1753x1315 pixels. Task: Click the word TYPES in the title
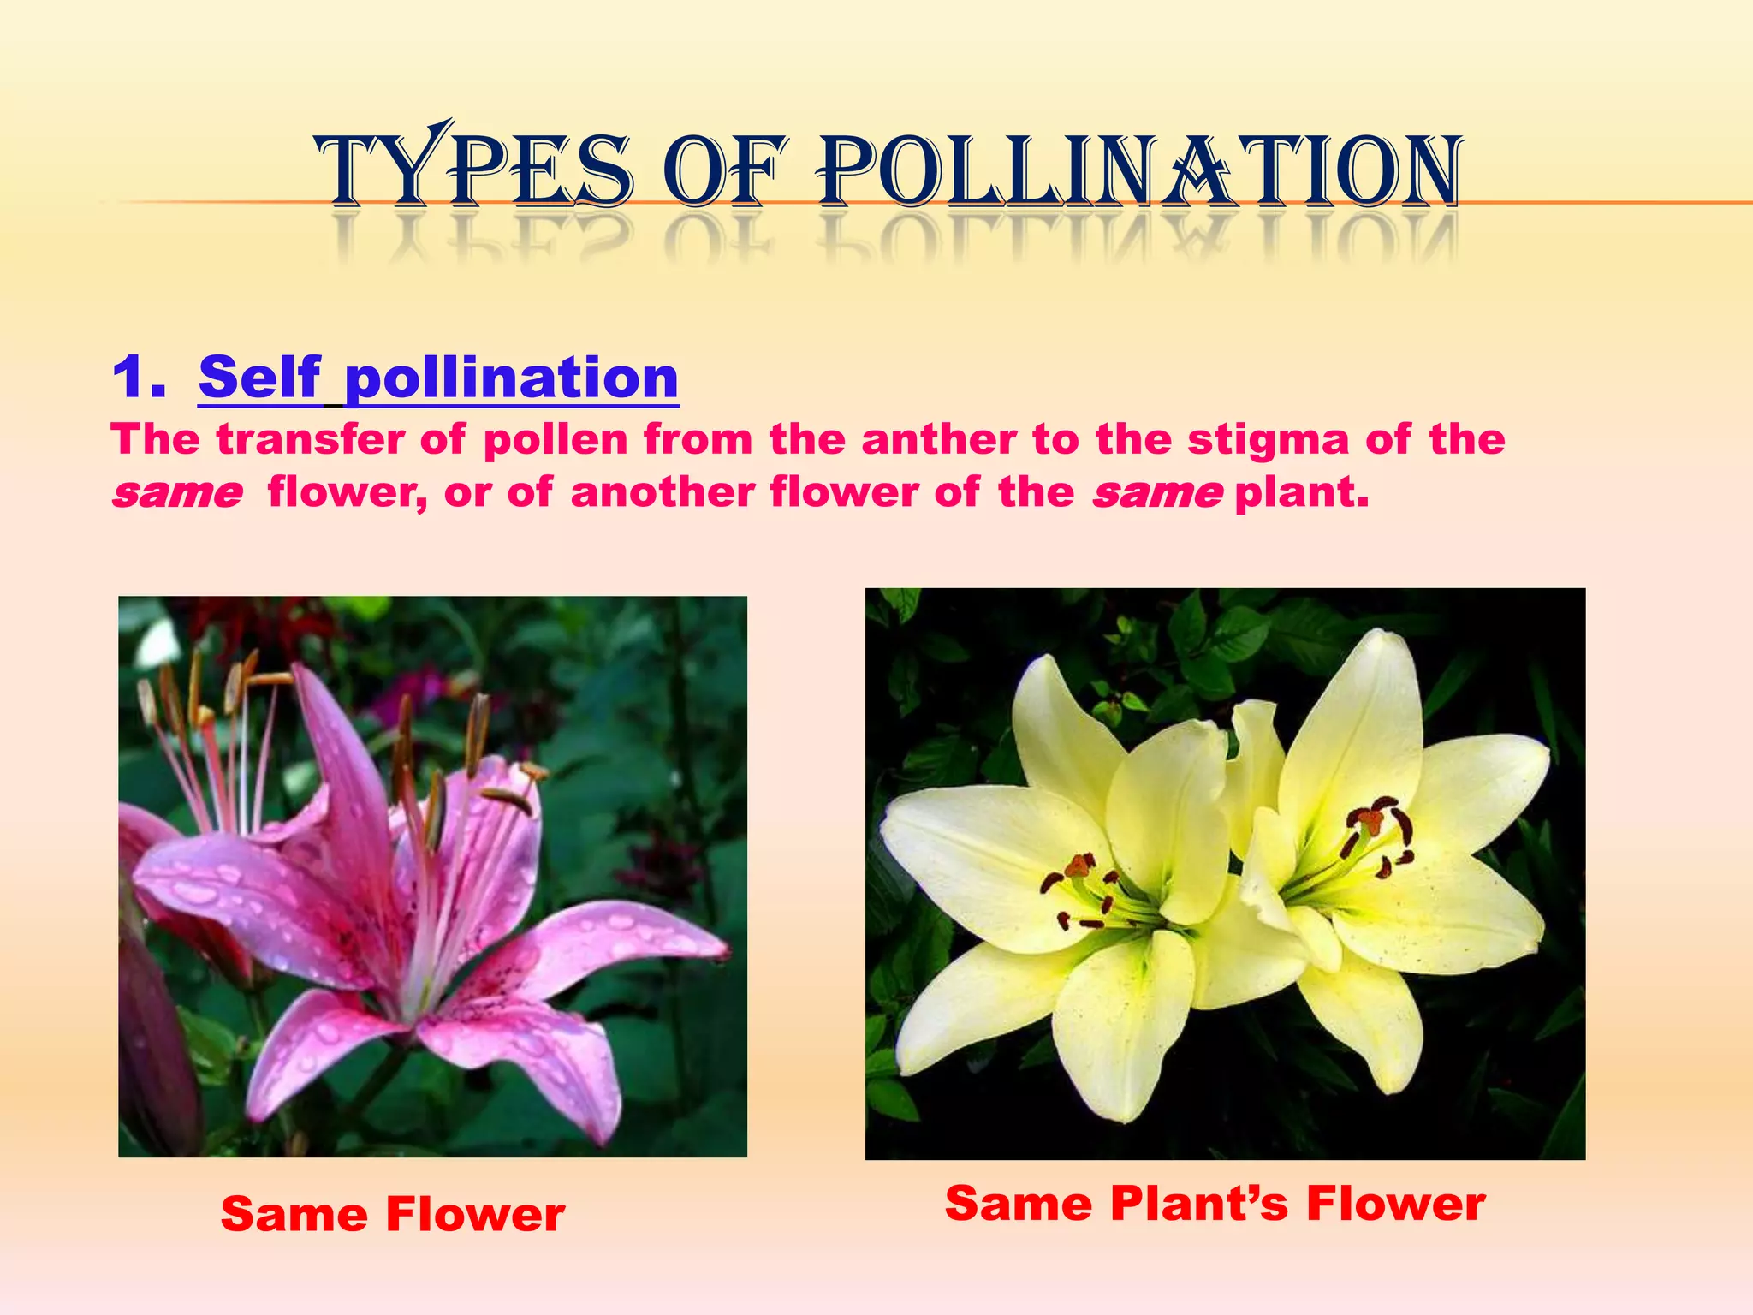475,171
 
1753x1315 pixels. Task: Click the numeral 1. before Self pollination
139,378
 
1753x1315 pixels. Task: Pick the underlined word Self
259,378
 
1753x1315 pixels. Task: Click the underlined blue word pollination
511,378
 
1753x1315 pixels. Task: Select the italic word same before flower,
177,494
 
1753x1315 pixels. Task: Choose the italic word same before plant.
1157,494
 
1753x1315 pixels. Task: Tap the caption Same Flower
392,1214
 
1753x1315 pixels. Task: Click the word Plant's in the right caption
1199,1204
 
